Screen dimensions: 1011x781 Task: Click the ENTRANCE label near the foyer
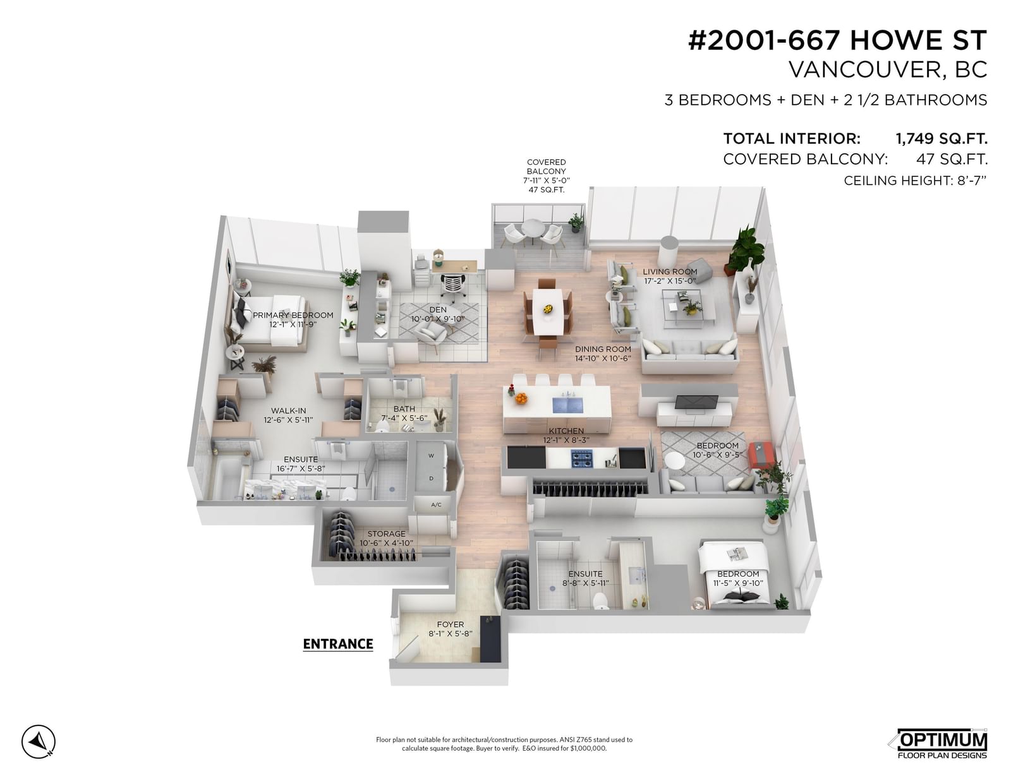click(338, 644)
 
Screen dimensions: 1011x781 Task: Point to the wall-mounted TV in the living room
click(696, 403)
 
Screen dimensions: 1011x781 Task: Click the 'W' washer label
click(431, 456)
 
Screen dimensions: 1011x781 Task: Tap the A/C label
click(436, 505)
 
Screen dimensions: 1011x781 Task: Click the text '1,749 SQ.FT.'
click(941, 138)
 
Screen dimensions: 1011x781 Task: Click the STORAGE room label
click(386, 534)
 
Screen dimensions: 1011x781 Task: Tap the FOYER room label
click(451, 625)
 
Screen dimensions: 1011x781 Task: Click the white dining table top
click(548, 311)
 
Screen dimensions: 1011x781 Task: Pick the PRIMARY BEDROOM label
click(293, 315)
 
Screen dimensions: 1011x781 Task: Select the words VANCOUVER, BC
click(888, 69)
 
